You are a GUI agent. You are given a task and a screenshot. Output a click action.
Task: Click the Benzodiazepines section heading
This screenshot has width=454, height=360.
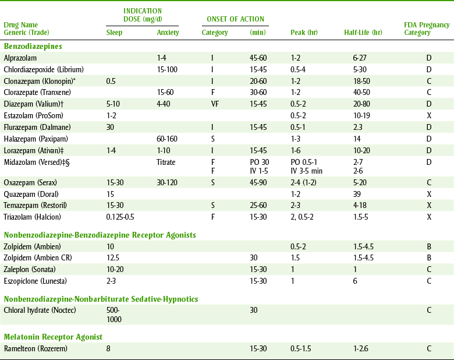33,45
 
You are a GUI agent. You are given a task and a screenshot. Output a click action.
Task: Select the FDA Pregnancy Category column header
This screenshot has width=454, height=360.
427,29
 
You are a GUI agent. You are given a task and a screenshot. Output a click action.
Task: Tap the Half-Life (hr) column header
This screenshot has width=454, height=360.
363,33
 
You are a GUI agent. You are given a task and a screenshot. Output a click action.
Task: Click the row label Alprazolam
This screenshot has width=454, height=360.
20,58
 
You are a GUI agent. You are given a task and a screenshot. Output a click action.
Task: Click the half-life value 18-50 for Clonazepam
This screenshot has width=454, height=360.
361,80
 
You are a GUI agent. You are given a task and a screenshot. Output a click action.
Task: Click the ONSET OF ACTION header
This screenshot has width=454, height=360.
235,19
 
